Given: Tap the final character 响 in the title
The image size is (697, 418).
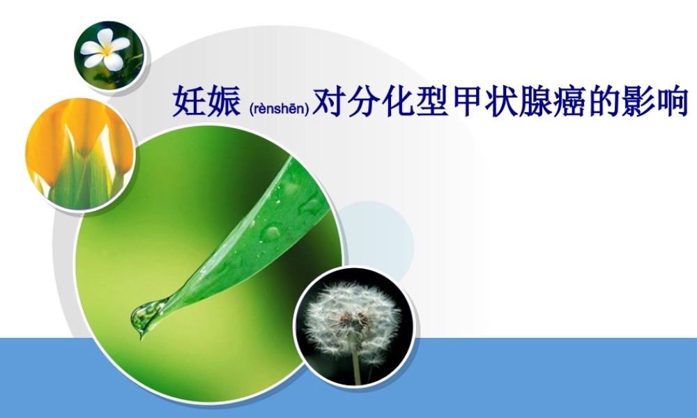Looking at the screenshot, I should (671, 102).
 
